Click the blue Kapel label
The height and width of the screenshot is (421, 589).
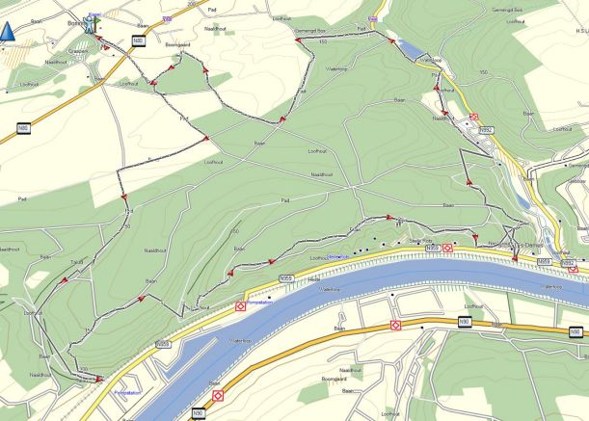click(x=94, y=13)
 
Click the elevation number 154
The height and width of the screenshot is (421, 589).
click(x=128, y=211)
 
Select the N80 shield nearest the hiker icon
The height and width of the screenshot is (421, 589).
click(x=138, y=40)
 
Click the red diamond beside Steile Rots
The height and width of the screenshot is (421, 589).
click(x=447, y=248)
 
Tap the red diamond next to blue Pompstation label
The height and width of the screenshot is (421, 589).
click(x=240, y=306)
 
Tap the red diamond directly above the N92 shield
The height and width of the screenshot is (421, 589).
click(x=473, y=118)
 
